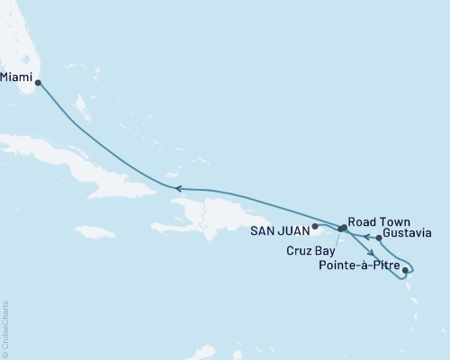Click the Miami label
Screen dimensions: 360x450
point(16,76)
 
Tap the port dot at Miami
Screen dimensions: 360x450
point(38,83)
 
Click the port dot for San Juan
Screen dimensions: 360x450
point(315,226)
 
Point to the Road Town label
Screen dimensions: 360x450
point(375,220)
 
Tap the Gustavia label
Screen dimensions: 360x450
point(406,233)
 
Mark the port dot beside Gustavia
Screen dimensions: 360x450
point(379,238)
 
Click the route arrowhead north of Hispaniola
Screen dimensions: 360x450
point(178,188)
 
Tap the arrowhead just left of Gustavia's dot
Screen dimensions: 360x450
point(366,238)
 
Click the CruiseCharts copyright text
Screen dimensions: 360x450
point(6,328)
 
